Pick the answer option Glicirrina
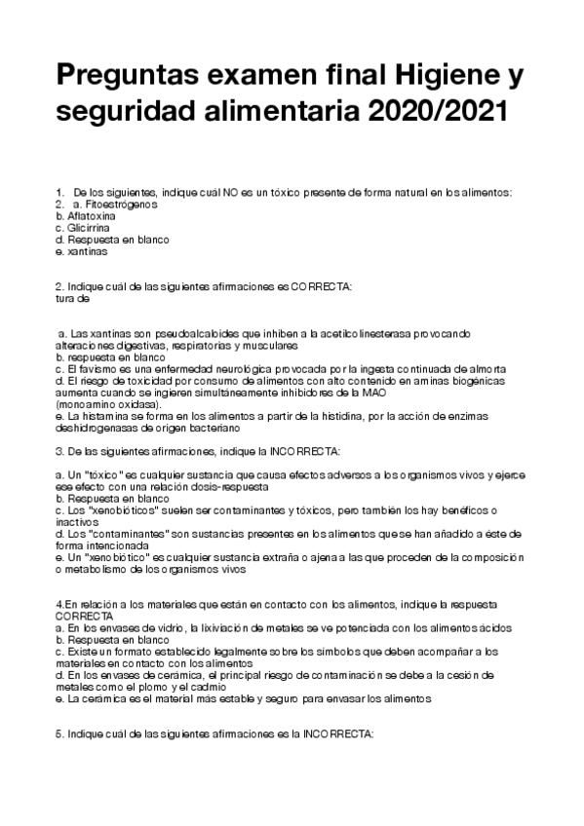pos(90,227)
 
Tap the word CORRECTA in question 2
pos(321,286)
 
